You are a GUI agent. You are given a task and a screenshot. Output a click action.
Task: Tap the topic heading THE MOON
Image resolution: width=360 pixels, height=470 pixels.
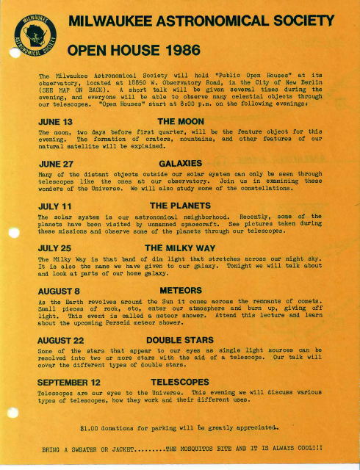pyautogui.click(x=180, y=120)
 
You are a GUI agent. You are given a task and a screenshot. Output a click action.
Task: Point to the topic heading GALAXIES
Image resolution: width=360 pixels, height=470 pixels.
pyautogui.click(x=180, y=163)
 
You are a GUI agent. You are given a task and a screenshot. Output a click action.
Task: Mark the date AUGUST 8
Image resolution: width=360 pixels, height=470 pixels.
pyautogui.click(x=59, y=291)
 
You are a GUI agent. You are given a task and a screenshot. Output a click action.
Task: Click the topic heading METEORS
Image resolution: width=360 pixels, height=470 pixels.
pyautogui.click(x=180, y=291)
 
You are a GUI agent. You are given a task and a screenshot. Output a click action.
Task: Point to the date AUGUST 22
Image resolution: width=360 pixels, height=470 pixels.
pyautogui.click(x=62, y=340)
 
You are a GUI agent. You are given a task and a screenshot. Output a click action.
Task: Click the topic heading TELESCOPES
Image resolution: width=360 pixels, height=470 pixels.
pyautogui.click(x=180, y=383)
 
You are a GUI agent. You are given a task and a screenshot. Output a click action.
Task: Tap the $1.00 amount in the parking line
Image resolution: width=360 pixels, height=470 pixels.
pyautogui.click(x=91, y=426)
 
